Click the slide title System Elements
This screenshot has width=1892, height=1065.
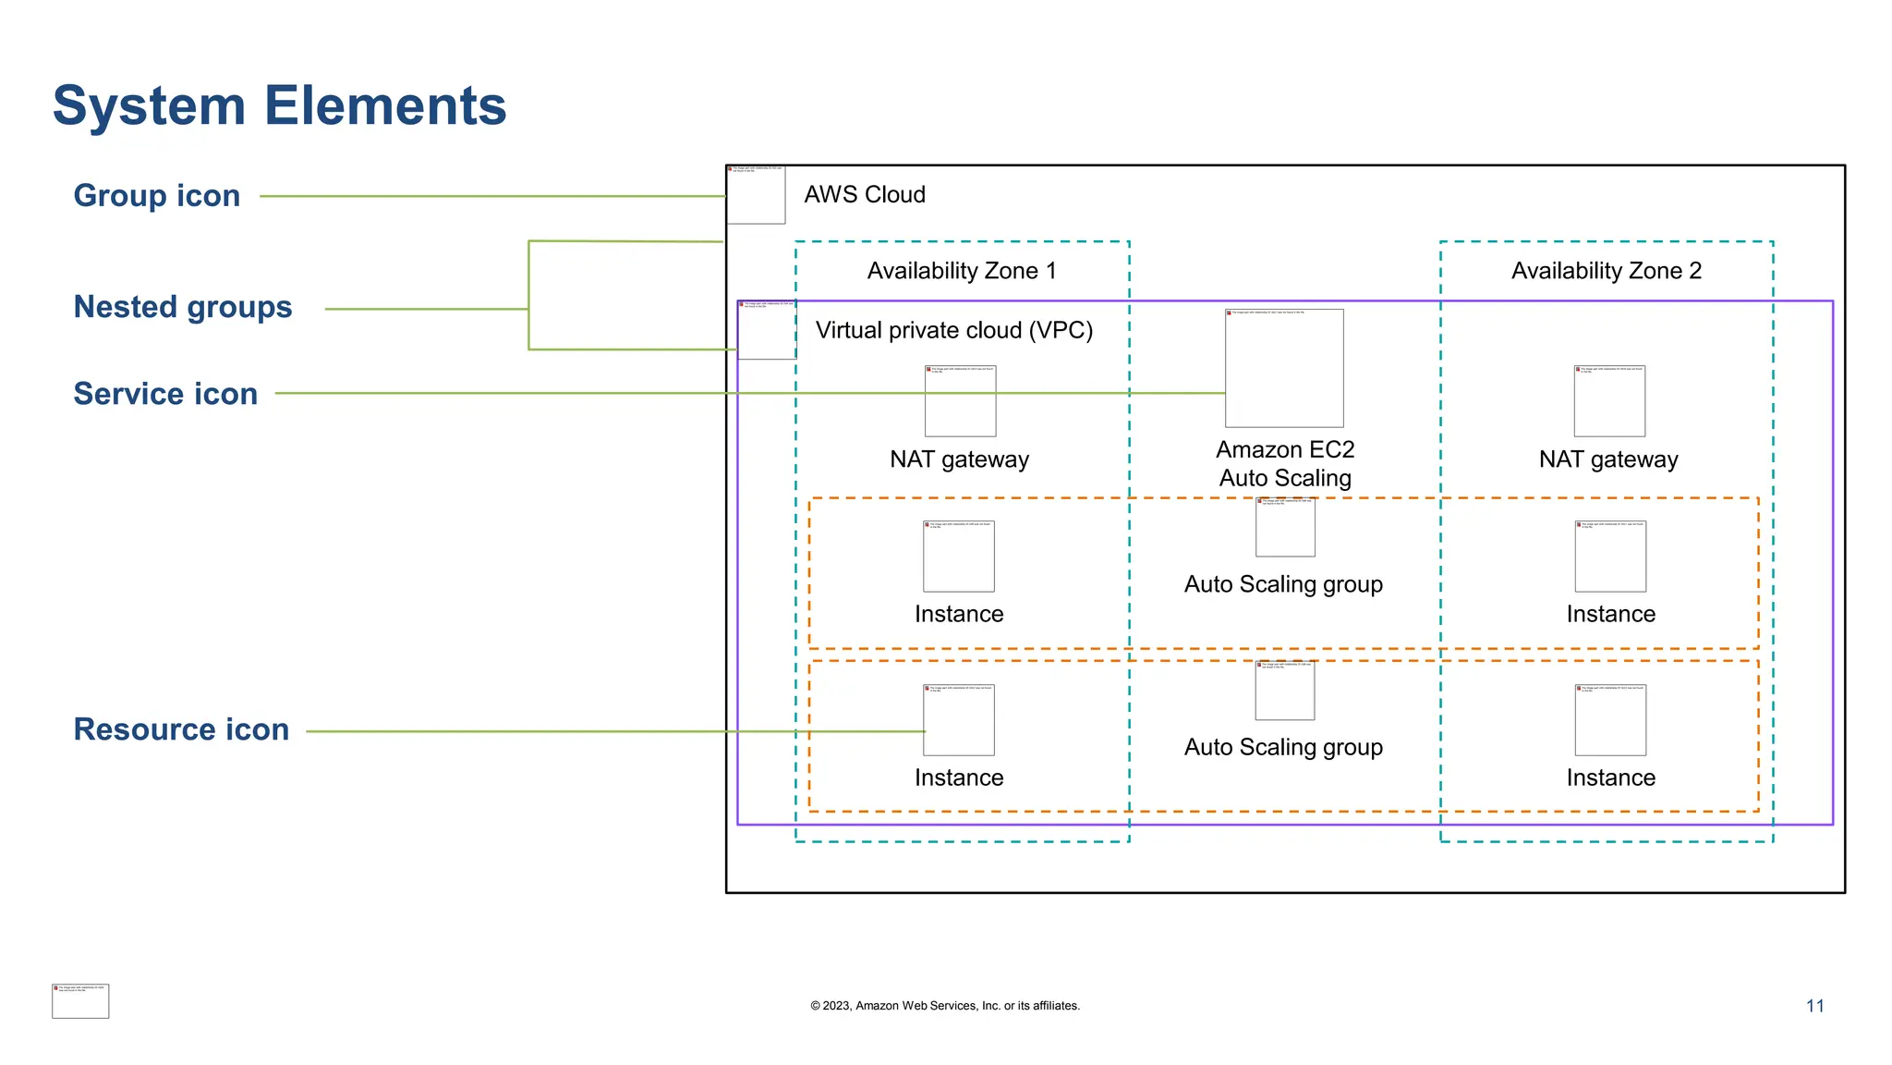[279, 105]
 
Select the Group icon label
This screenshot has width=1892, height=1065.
[157, 196]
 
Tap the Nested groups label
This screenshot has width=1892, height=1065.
[183, 307]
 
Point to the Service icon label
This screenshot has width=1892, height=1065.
[165, 394]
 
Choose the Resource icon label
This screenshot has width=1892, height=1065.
[181, 729]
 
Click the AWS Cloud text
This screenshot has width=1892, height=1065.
[864, 195]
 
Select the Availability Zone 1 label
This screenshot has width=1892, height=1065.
[961, 271]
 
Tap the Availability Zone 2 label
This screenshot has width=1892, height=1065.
[1606, 271]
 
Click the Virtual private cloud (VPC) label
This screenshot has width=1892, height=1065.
[953, 330]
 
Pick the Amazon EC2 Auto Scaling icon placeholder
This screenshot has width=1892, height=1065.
[1284, 368]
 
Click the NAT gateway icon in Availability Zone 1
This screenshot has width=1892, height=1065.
[960, 401]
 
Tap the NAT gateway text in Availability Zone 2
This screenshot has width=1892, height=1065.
[1607, 459]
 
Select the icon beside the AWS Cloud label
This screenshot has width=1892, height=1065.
[756, 195]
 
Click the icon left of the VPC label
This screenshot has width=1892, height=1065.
[767, 330]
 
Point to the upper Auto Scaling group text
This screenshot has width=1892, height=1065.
[1283, 584]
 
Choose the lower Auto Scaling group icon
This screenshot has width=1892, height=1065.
[1284, 691]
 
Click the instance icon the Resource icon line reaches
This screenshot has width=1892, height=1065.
[959, 720]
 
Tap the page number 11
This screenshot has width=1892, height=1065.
[1814, 1006]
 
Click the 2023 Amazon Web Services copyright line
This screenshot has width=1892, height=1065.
[944, 1006]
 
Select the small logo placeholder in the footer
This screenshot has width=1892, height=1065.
[80, 1001]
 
